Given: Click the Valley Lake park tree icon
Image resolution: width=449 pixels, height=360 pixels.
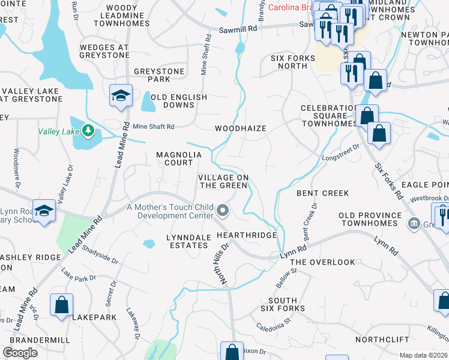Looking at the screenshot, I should click(88, 129).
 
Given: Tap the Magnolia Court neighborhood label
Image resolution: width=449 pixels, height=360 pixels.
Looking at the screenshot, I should click(174, 158).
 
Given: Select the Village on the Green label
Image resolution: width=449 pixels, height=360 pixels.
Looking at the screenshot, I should click(223, 181).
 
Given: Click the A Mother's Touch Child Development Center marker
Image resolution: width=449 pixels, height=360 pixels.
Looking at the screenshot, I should click(223, 210).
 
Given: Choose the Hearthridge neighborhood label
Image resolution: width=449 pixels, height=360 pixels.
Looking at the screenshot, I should click(247, 235).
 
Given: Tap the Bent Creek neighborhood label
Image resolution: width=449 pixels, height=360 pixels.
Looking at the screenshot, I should click(322, 193).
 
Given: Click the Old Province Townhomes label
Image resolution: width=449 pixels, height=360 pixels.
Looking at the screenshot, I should click(370, 219).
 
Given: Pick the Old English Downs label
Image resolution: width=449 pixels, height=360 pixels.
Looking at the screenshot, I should click(179, 101).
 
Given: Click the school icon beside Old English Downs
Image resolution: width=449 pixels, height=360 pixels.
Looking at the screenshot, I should click(121, 95).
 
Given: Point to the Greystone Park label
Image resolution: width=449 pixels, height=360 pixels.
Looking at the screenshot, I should click(159, 75).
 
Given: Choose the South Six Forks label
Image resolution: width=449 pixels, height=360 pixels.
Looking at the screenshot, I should click(283, 304).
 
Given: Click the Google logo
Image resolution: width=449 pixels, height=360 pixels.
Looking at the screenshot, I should click(20, 353).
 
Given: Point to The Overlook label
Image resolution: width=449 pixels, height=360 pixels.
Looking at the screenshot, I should click(322, 262).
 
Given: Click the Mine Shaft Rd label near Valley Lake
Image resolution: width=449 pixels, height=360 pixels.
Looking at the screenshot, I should click(153, 127).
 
